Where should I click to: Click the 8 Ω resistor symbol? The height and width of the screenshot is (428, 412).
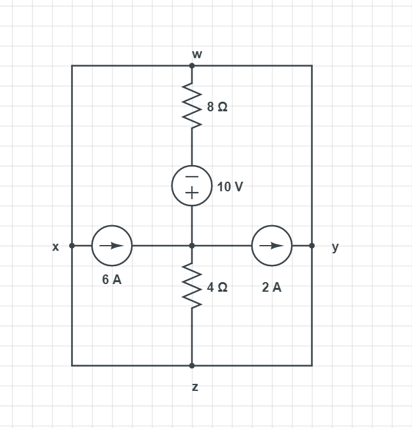[x=192, y=106]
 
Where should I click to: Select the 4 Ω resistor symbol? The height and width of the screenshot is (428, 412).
[x=192, y=286]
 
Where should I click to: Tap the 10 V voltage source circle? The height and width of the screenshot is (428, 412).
[x=192, y=186]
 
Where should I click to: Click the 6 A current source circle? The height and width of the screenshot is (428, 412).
[x=112, y=245]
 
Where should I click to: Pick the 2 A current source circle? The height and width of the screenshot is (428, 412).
[x=272, y=245]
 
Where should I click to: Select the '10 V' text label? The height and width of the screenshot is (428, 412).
[x=230, y=187]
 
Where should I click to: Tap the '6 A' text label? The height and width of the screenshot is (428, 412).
[x=112, y=280]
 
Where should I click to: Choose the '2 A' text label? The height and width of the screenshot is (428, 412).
[x=272, y=287]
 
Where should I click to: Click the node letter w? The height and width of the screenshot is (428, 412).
[x=197, y=54]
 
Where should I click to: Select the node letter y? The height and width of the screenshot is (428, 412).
[x=335, y=247]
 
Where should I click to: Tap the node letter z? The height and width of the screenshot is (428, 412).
[x=195, y=387]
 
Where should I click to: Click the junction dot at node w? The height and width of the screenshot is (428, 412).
[x=192, y=65]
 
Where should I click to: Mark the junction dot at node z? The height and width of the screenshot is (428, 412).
[x=192, y=365]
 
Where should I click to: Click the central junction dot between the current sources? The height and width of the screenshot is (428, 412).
[x=192, y=245]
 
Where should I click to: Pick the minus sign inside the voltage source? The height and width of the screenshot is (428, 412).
[x=192, y=177]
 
